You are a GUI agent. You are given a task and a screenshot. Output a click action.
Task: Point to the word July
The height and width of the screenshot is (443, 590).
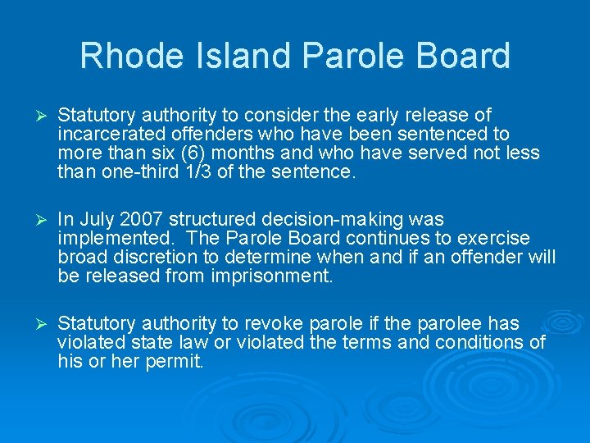click(95, 219)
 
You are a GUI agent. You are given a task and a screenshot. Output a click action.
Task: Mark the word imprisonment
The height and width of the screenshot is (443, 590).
click(279, 276)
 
